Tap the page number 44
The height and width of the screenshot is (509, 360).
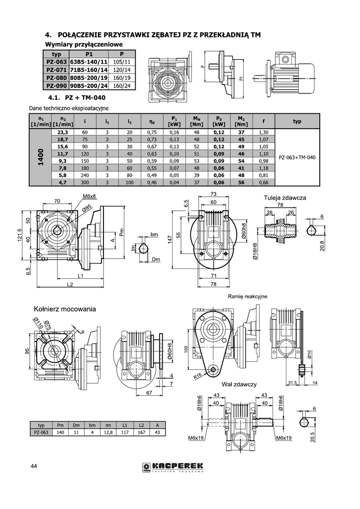(x=34, y=466)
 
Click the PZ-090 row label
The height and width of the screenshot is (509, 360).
(x=56, y=85)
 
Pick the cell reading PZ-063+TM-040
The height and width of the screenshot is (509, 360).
(x=297, y=158)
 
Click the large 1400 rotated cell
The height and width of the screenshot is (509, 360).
(x=40, y=157)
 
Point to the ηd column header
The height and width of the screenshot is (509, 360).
(x=152, y=121)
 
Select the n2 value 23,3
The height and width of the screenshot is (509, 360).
(x=63, y=132)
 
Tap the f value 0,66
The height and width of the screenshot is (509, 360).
(x=264, y=182)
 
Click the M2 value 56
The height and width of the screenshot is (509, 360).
(x=241, y=182)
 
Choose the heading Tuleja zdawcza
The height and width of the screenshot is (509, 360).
(x=285, y=198)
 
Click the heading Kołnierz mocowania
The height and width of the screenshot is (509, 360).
(x=65, y=309)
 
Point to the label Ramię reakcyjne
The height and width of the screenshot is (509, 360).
(x=247, y=296)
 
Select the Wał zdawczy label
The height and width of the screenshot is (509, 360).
(x=239, y=384)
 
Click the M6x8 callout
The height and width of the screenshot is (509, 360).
(x=90, y=196)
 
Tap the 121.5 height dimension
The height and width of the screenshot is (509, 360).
(x=19, y=235)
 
